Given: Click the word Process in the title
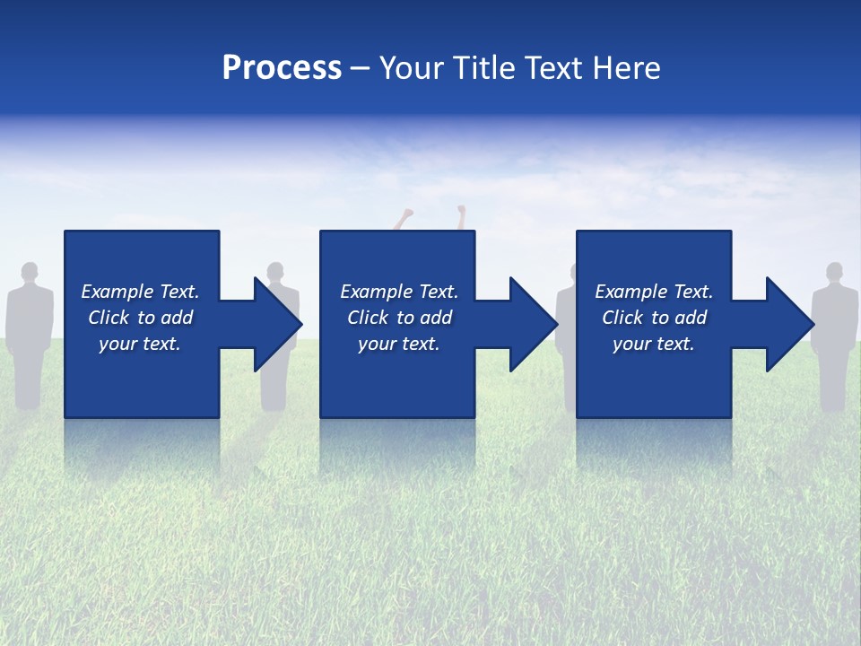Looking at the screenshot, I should pos(282,68).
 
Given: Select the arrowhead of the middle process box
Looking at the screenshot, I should pos(533,324).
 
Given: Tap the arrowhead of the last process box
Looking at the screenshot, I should pos(788,324).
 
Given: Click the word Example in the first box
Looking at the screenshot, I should pos(117,292).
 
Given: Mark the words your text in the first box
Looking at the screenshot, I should pos(140,344).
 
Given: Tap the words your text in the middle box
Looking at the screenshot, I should pos(399,344).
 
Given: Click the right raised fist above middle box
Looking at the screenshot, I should pos(462,211).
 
